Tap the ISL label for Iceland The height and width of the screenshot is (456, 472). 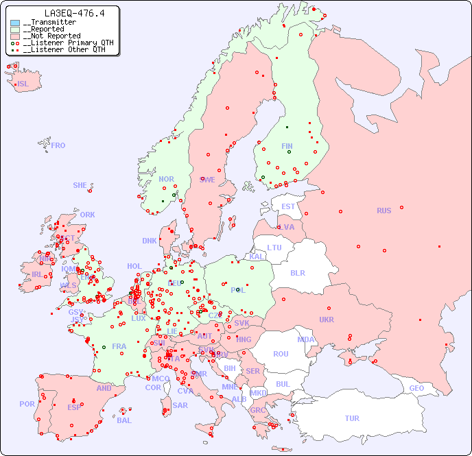tap(23, 84)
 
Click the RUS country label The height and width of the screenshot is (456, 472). tap(383, 211)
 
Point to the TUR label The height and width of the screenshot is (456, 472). tap(352, 418)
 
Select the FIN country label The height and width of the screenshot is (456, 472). tap(287, 146)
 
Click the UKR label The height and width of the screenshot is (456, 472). tap(327, 320)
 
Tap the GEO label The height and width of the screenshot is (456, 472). tap(416, 388)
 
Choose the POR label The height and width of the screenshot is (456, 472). tap(27, 404)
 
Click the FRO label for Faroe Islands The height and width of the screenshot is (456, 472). tap(58, 145)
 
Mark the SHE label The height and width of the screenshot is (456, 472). tap(80, 185)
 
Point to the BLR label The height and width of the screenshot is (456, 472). tap(297, 272)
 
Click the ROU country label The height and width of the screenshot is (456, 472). tap(281, 354)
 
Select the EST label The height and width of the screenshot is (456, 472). tap(288, 206)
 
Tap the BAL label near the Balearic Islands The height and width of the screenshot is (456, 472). tap(124, 420)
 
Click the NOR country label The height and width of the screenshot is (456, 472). tap(166, 179)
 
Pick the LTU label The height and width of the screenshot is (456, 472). tap(274, 248)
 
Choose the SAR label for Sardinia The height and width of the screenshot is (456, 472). tap(180, 405)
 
